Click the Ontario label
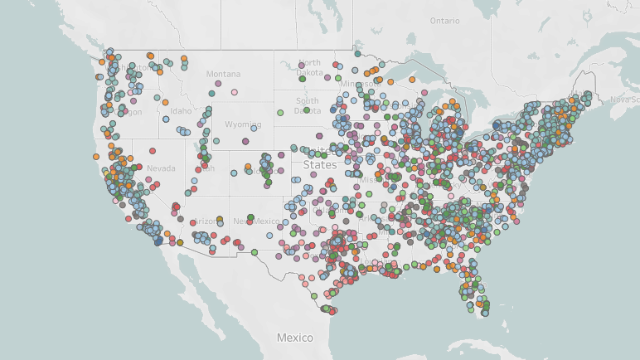(x=444, y=20)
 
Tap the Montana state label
(x=223, y=74)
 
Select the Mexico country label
(x=295, y=338)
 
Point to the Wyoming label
(x=242, y=124)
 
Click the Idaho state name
(x=180, y=110)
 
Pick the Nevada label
(x=161, y=168)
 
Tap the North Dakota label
(x=309, y=68)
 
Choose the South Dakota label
(x=307, y=106)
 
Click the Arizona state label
(x=204, y=221)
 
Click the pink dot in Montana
(x=235, y=92)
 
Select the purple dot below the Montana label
(x=218, y=84)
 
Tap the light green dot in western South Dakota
(x=280, y=111)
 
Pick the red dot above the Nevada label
(x=153, y=151)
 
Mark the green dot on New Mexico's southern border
(x=255, y=252)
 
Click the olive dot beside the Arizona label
(x=220, y=220)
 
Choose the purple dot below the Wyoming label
(x=246, y=142)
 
